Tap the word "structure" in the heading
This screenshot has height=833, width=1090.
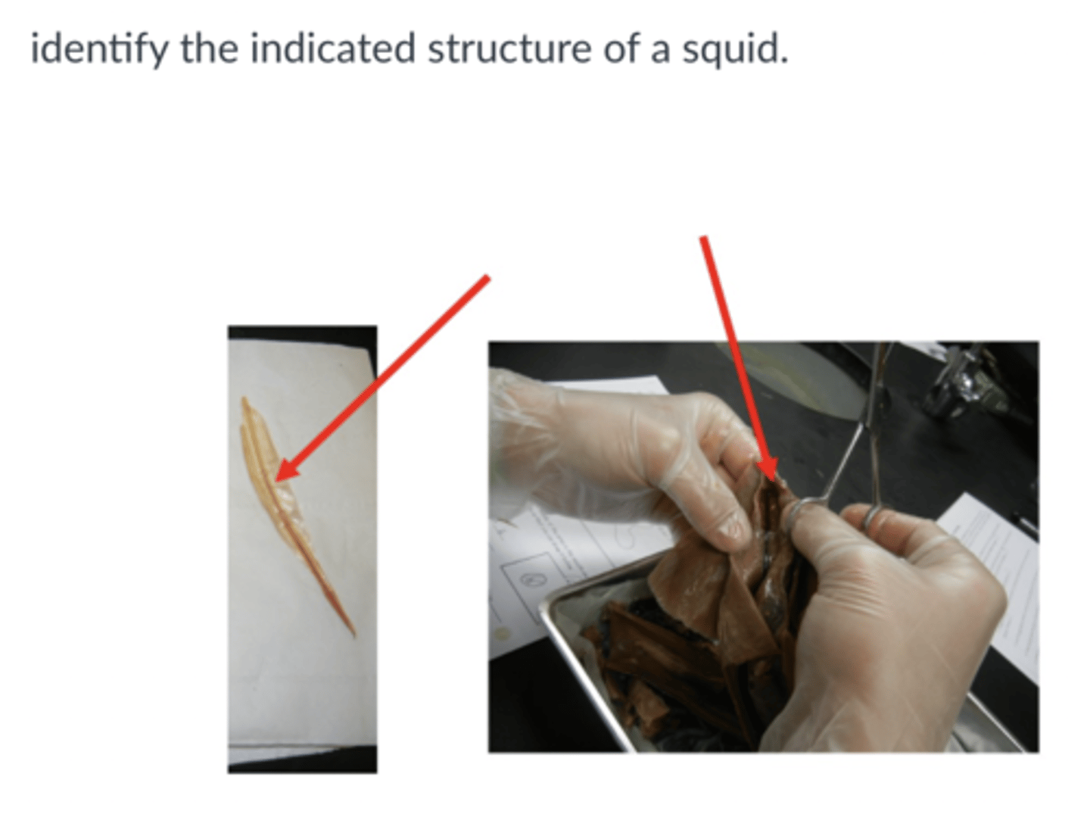tap(509, 50)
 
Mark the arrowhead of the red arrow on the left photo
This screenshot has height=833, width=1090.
tap(282, 476)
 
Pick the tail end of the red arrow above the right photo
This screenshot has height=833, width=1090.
tap(703, 239)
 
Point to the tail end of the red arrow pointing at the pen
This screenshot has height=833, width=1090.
tap(487, 279)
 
